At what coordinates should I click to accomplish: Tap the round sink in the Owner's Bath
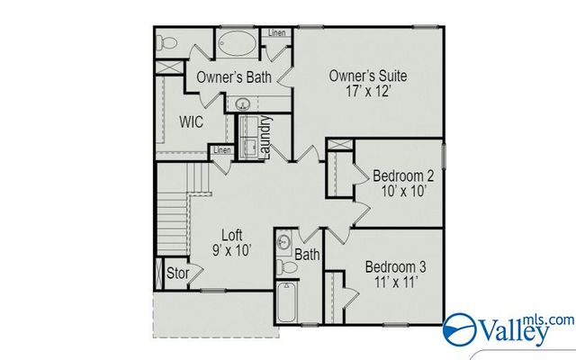242,105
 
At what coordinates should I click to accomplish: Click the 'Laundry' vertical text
266,137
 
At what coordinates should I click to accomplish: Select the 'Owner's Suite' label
368,76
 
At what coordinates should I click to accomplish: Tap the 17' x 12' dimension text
368,92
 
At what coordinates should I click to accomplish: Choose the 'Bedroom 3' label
395,267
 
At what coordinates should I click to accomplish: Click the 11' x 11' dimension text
395,283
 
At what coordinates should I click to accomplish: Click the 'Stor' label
176,273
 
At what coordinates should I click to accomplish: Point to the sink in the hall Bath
283,242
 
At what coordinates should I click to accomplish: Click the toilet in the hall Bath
283,266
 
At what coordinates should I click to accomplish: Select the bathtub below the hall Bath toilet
286,304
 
